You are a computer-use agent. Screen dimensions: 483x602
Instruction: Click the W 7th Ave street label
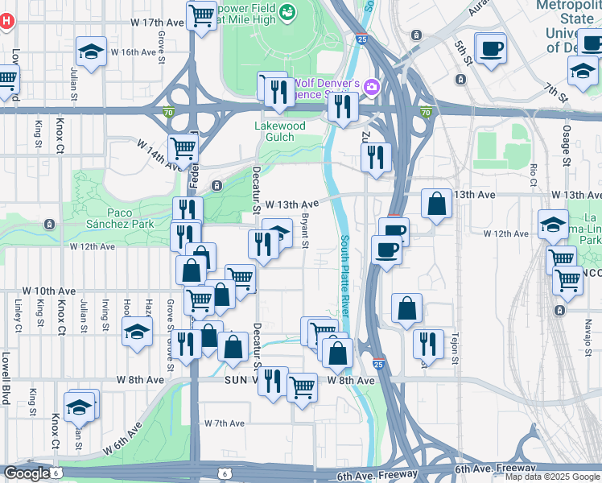pos(224,423)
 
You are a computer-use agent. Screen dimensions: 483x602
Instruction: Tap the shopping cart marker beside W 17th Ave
pos(201,14)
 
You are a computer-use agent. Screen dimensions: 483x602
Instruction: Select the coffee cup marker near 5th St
pos(490,47)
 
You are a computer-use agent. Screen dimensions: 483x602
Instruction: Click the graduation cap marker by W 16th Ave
pos(91,52)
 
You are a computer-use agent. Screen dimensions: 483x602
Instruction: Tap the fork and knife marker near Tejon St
pos(428,343)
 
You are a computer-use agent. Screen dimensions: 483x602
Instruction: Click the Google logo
pos(27,473)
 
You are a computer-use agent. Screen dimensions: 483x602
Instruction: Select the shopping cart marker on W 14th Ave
pos(183,149)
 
